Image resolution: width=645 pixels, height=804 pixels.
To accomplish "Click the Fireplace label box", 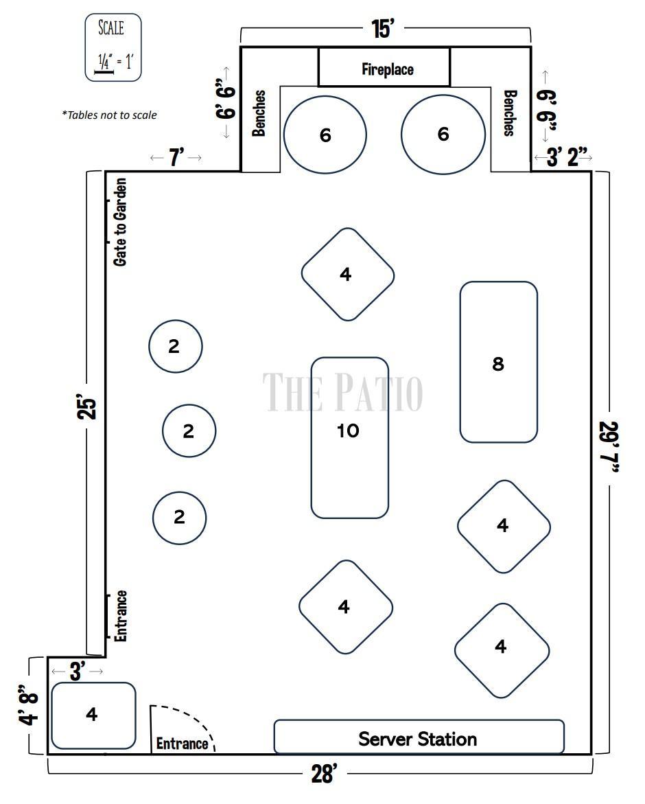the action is tap(384, 67).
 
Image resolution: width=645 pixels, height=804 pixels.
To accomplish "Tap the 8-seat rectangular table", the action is tap(498, 362).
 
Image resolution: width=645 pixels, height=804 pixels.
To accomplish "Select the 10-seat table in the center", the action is tap(350, 438).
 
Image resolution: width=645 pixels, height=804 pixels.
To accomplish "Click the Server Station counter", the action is tap(419, 737).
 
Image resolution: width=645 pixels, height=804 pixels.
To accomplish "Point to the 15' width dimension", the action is tap(383, 29).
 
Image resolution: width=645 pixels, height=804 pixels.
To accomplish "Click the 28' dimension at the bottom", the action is tap(325, 773).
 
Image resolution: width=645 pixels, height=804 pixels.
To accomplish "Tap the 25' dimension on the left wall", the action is tap(87, 406).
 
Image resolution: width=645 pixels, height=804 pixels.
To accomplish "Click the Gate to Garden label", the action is tap(120, 222).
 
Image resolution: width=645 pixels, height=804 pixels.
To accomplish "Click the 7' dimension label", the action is tap(176, 157).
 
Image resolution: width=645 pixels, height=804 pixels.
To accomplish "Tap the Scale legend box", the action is tap(113, 47).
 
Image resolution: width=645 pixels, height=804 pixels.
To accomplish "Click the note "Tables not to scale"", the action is tap(109, 115).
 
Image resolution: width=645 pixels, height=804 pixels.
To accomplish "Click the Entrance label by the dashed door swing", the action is tap(182, 744).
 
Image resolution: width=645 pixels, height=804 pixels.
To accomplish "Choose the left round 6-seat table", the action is tap(325, 135).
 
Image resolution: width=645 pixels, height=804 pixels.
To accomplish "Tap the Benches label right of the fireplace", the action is tap(509, 113).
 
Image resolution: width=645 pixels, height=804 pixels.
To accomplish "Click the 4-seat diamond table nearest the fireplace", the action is tap(348, 275).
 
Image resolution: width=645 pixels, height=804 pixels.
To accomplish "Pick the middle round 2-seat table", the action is tap(189, 430).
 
